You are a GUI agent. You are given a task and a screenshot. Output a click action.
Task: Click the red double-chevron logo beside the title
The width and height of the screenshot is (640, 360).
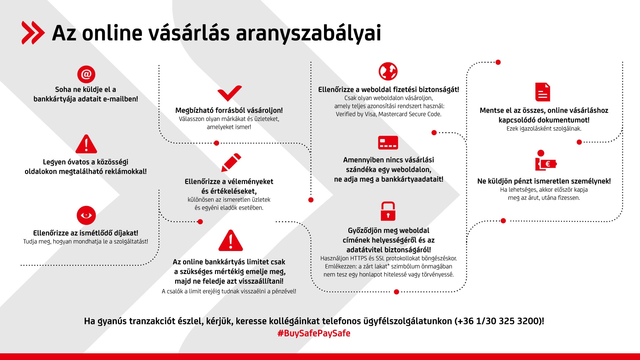[x=33, y=33]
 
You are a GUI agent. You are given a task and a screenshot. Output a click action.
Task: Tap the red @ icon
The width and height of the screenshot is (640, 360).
[x=86, y=74]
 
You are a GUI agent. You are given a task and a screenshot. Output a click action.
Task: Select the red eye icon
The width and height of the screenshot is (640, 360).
[x=86, y=215]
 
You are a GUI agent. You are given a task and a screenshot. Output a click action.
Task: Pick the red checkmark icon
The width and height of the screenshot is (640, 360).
[x=229, y=93]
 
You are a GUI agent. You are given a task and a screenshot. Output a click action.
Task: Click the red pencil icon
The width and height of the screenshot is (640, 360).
[x=231, y=163]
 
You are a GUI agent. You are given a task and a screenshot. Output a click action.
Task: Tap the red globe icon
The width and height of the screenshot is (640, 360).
[x=388, y=71]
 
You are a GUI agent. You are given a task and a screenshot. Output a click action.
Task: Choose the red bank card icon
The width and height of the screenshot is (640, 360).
[x=388, y=143]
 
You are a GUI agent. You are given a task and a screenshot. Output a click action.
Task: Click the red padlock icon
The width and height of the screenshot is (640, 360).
[x=388, y=211]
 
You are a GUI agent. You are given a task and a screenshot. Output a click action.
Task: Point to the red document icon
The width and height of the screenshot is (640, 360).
[x=542, y=92]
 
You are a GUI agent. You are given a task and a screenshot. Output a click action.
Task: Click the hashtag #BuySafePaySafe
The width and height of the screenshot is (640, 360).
[x=314, y=333]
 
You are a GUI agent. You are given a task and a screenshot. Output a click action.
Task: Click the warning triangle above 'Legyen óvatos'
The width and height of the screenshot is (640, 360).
[x=86, y=144]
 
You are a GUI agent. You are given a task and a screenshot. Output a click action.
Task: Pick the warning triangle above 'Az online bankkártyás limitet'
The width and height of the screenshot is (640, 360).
[x=231, y=240]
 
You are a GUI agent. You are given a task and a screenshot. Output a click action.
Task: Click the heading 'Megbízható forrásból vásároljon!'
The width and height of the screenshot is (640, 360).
[x=229, y=110]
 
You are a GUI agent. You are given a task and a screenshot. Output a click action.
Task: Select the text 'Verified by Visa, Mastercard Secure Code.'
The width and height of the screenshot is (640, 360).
[x=389, y=114]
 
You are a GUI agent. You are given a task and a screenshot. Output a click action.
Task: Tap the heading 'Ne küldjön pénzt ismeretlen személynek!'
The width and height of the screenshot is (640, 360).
[x=544, y=181]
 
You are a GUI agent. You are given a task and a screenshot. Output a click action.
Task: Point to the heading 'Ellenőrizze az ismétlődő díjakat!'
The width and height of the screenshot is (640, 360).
[x=86, y=233]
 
